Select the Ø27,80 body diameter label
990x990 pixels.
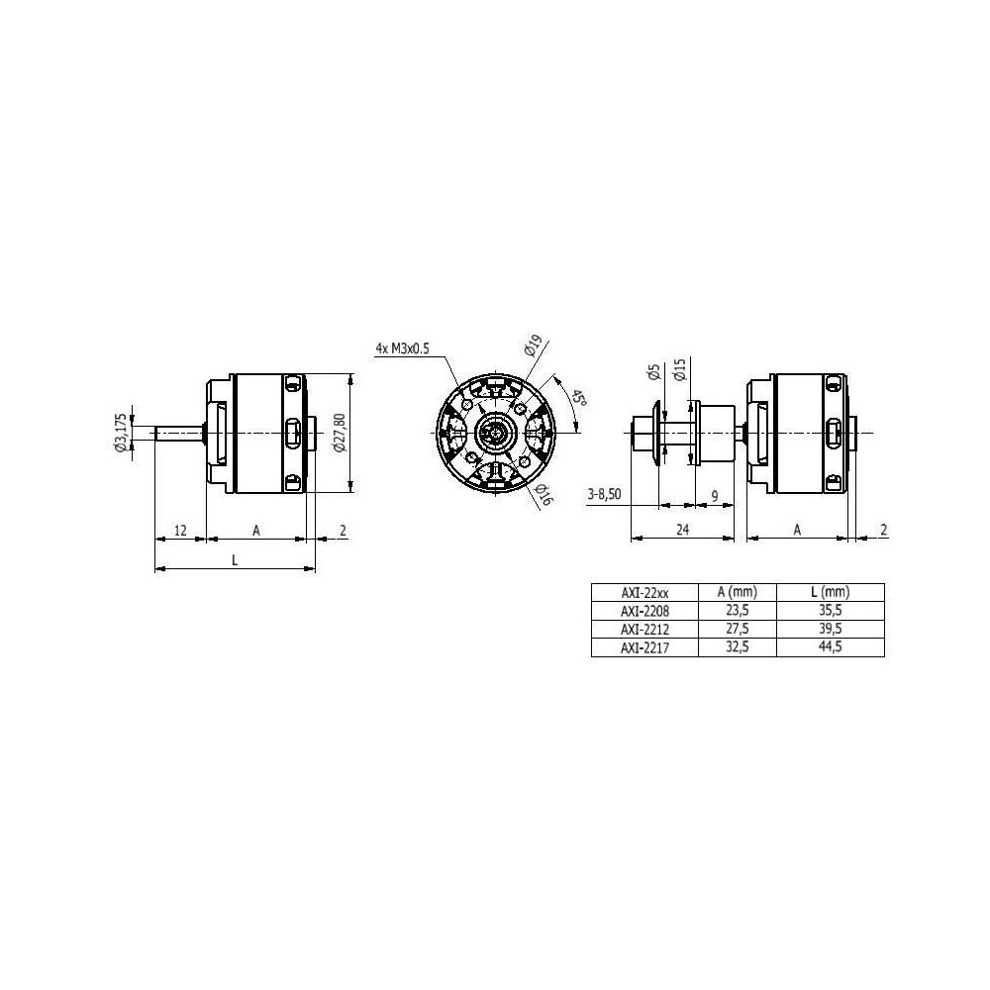tap(340, 432)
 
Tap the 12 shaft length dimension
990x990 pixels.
tap(180, 530)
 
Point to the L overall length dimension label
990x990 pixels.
tap(235, 559)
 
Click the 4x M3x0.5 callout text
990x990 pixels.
tap(403, 347)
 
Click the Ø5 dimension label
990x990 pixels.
tap(654, 372)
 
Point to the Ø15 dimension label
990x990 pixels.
tap(680, 369)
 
